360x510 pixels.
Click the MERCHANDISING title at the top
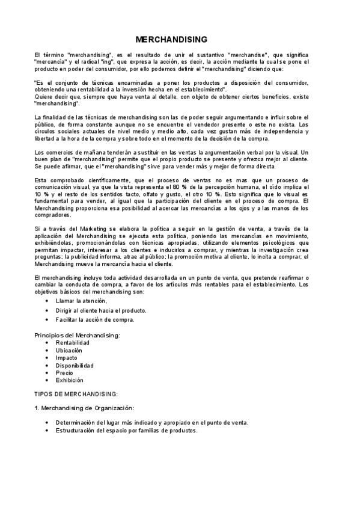coord(171,40)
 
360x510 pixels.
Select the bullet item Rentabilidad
coord(73,342)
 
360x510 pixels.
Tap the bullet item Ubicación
coord(70,350)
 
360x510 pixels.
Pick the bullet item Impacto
coord(67,357)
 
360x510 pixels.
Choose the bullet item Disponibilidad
coord(75,365)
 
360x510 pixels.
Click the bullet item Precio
coord(65,373)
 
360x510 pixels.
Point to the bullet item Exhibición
coord(70,380)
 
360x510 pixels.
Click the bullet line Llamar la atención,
coord(81,301)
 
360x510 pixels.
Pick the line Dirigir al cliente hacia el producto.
coord(101,310)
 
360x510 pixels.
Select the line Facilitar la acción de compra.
coord(95,319)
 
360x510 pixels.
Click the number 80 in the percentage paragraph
coord(194,187)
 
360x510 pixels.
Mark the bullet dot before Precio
coord(47,373)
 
